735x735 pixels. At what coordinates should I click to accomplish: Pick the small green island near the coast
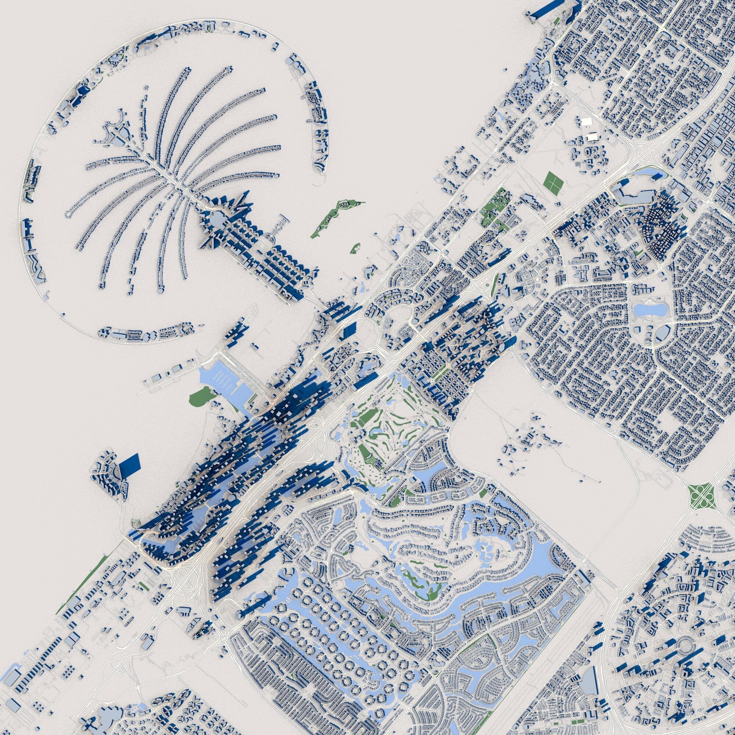[x=355, y=248]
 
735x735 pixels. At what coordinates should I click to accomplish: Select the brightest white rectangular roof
[x=586, y=121]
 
